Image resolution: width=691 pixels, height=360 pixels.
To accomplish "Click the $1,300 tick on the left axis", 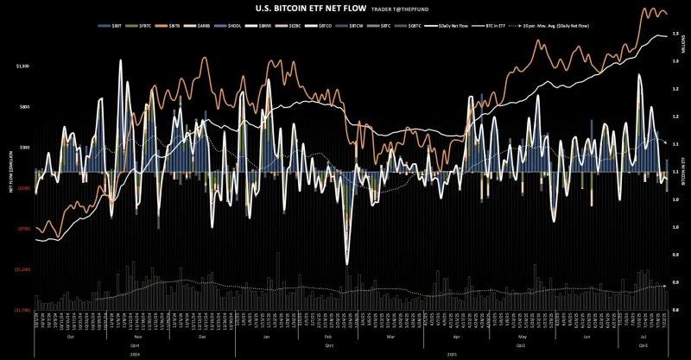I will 23,66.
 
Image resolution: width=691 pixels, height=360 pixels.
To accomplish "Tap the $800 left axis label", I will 24,106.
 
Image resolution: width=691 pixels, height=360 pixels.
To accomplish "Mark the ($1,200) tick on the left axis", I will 22,269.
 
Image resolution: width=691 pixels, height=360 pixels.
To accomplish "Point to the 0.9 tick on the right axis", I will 675,282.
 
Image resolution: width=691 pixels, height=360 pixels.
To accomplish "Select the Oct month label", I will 70,335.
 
